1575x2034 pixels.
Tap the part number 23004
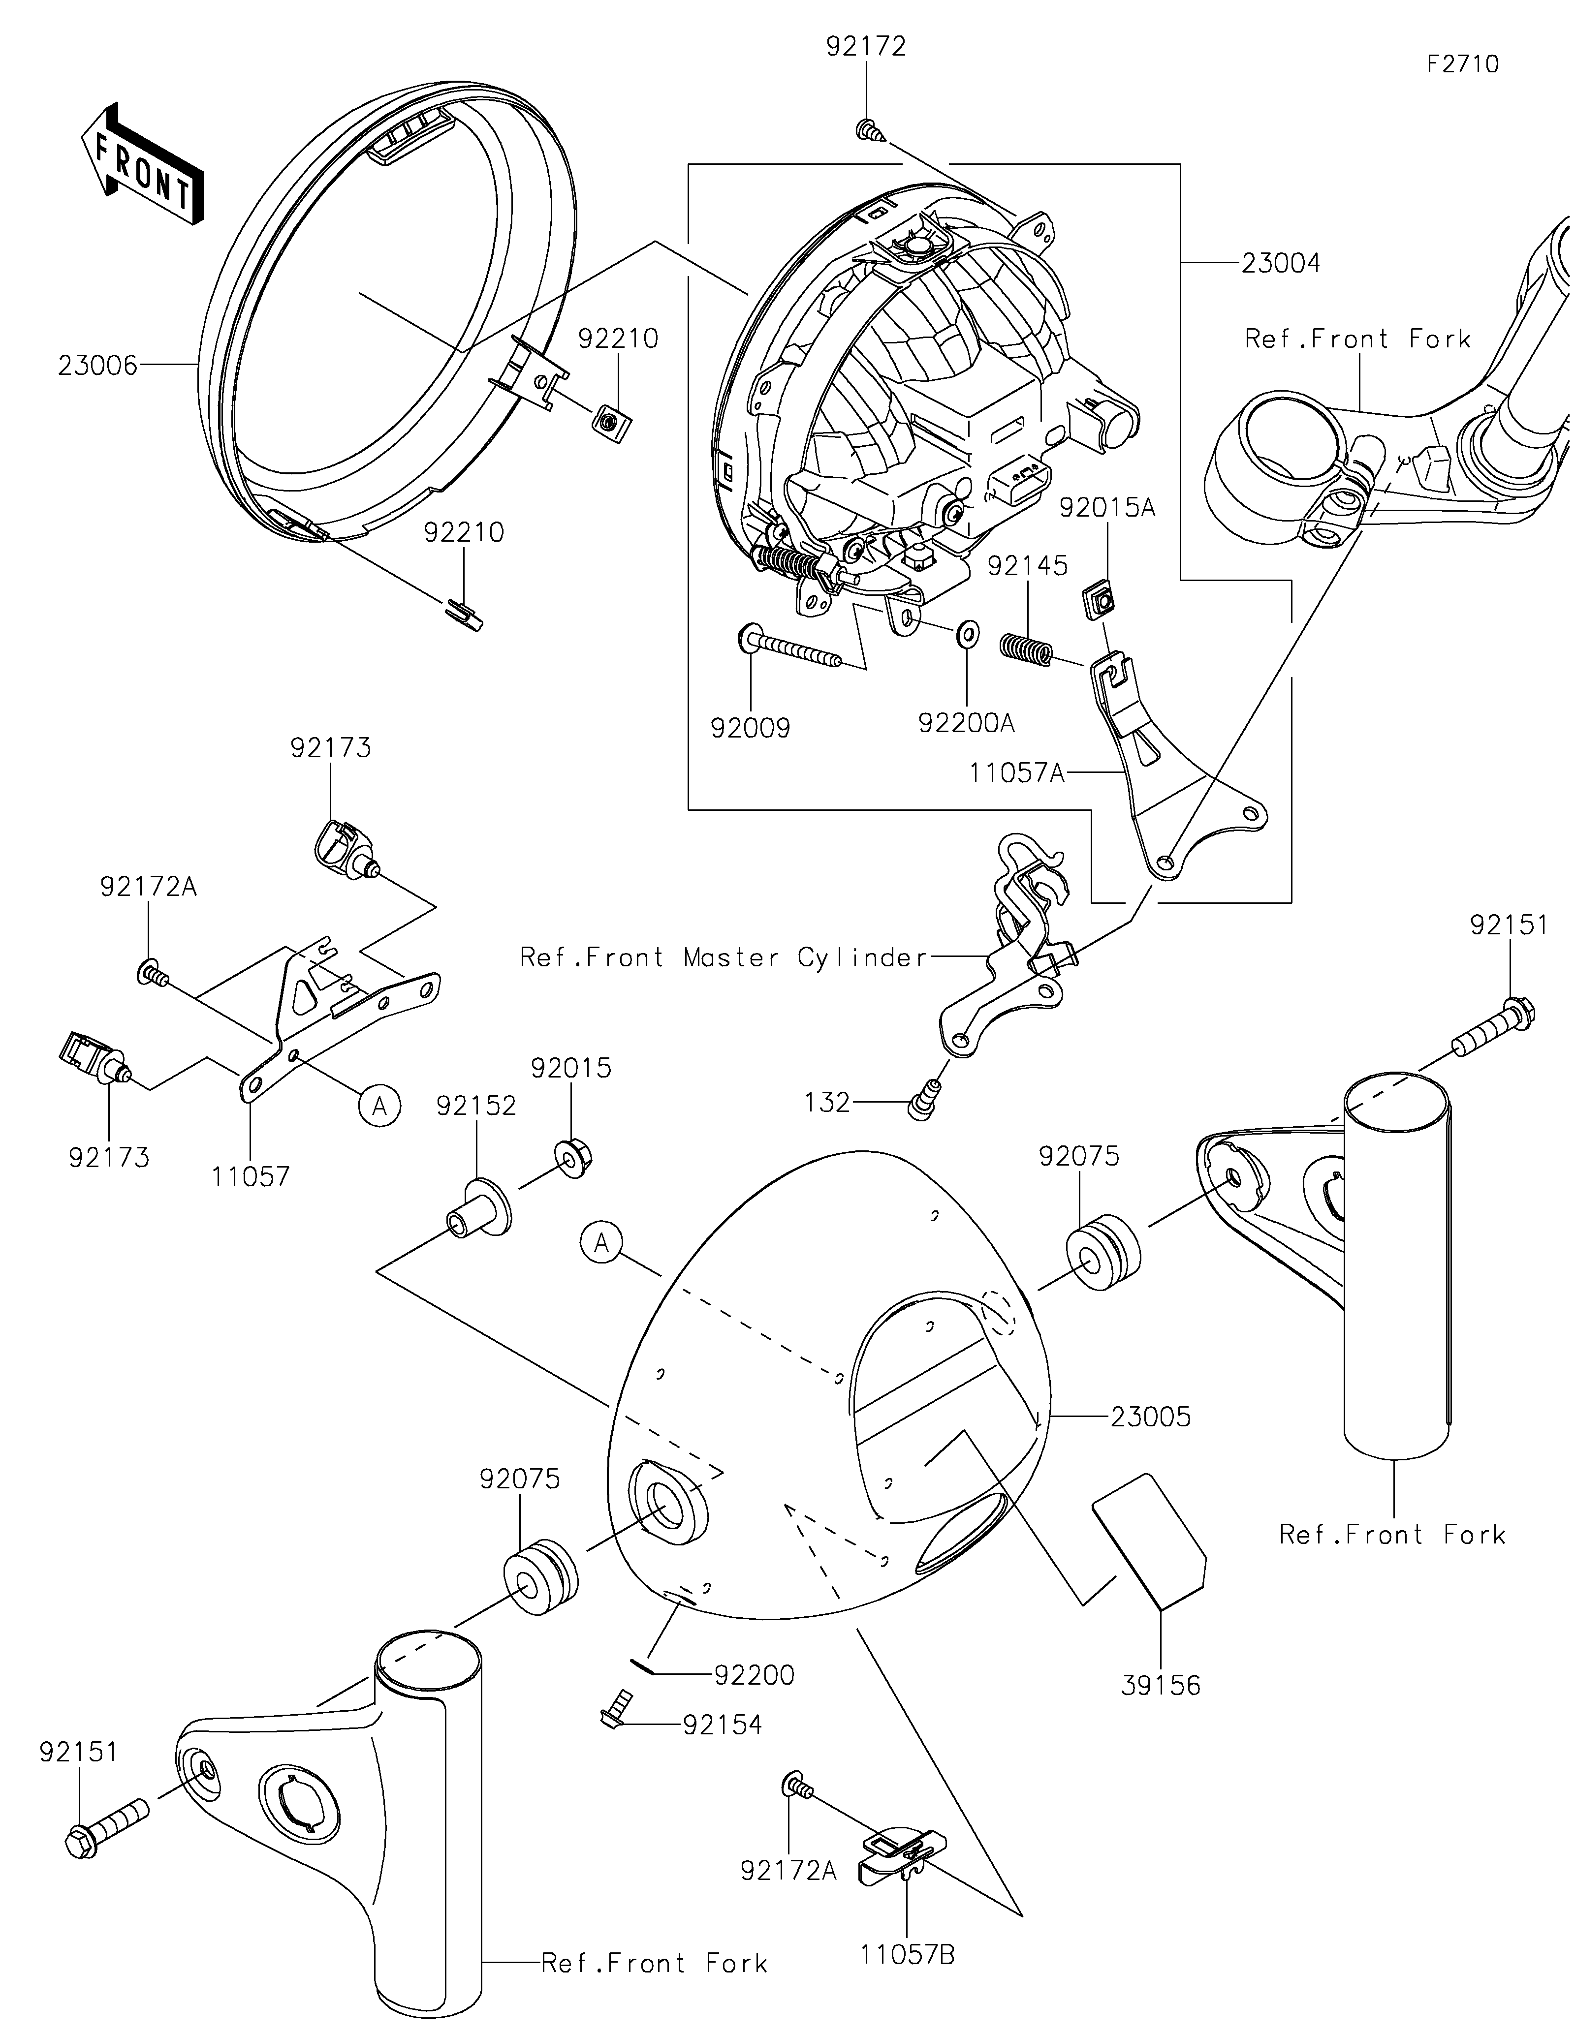[x=1281, y=264]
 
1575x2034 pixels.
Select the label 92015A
[x=1107, y=508]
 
